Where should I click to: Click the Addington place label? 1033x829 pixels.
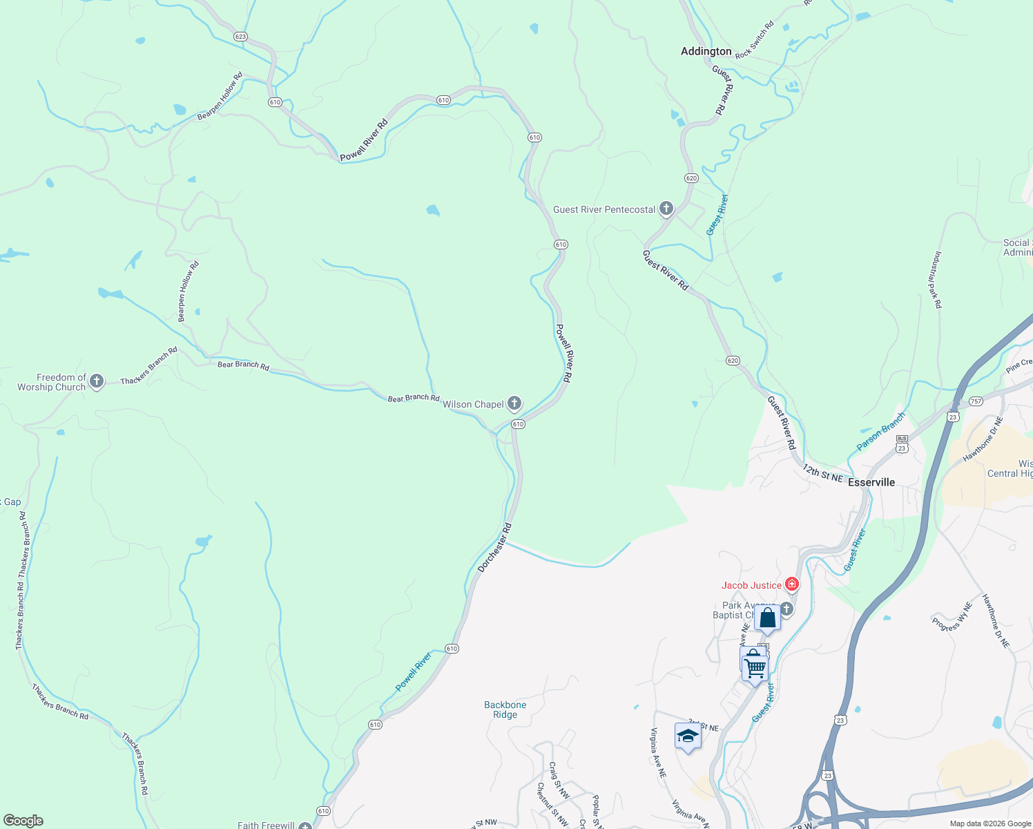point(706,51)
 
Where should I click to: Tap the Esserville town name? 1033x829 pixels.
point(871,482)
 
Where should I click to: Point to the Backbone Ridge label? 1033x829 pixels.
point(505,709)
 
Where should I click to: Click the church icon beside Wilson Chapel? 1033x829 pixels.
point(514,403)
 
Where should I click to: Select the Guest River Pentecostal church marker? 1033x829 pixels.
point(666,209)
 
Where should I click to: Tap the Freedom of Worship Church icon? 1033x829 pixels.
point(97,381)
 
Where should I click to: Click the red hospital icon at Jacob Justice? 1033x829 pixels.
point(792,585)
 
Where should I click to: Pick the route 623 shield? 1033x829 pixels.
point(240,37)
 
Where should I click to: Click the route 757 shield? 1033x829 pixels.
point(976,401)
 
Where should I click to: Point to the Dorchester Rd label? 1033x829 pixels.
point(494,548)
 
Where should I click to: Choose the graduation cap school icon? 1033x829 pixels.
point(688,736)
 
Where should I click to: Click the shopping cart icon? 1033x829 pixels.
point(755,668)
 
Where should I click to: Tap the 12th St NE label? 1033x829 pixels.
point(822,473)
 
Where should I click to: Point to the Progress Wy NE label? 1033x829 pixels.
point(952,617)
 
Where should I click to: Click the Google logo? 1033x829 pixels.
point(23,821)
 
